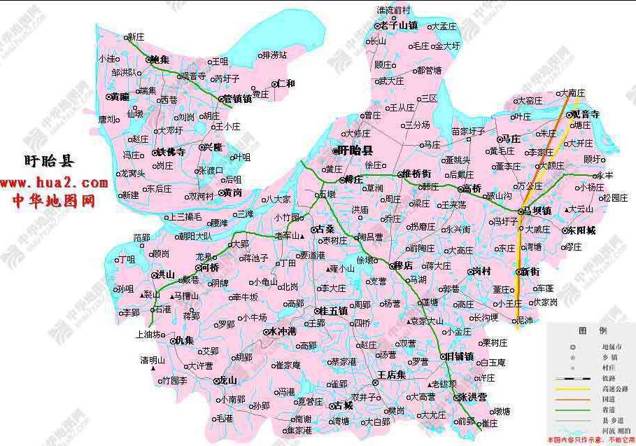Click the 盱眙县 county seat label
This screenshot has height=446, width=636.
pos(355,151)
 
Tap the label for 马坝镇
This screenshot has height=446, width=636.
pos(537,210)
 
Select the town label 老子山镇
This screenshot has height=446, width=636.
pos(399,26)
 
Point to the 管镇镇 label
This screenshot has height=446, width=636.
pos(236,99)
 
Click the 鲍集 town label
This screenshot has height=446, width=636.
pos(160,60)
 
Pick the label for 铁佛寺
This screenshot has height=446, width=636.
pos(171,152)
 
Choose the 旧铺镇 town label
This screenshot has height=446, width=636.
pos(459,356)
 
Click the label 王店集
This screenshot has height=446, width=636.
pos(392,375)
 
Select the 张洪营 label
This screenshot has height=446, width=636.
pos(472,397)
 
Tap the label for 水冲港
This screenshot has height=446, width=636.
pos(282,331)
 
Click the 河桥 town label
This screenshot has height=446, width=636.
pos(209,267)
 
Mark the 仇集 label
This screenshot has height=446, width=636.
pos(183,340)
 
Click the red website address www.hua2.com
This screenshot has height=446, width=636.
pos(54,183)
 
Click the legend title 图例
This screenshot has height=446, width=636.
pos(587,330)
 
